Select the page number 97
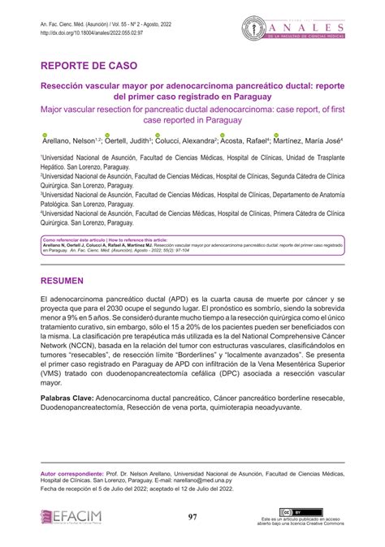click(x=192, y=517)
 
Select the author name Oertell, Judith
click(x=124, y=140)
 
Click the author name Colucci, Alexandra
click(x=185, y=140)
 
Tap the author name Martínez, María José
click(x=309, y=140)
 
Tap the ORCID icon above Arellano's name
click(x=45, y=134)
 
